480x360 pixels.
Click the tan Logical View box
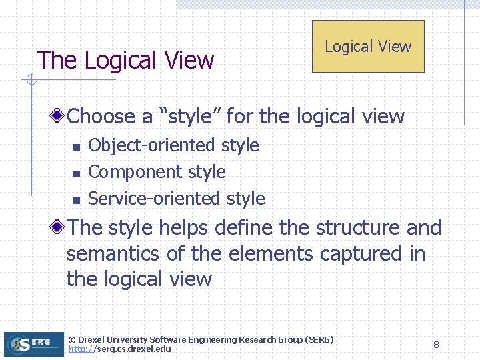(368, 46)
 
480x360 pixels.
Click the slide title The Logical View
(125, 61)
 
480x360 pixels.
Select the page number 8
(436, 345)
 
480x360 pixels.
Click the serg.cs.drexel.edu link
(120, 349)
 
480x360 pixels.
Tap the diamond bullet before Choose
(59, 116)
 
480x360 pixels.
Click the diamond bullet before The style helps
(59, 227)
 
